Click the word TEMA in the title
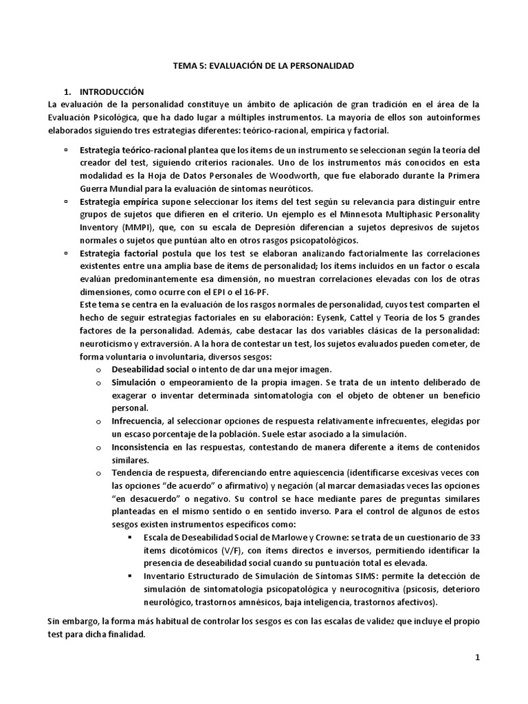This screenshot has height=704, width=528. [x=182, y=67]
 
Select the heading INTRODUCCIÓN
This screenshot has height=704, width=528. [x=111, y=91]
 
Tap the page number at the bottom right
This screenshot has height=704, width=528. [x=477, y=657]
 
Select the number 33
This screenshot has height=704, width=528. [x=474, y=537]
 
